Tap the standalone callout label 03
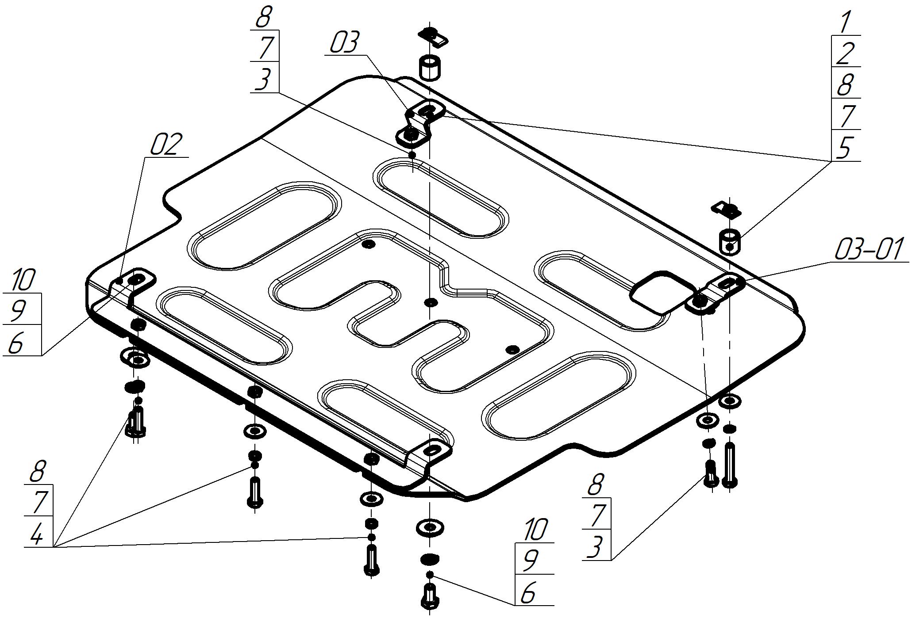pyautogui.click(x=345, y=43)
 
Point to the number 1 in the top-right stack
pyautogui.click(x=844, y=22)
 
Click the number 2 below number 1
pyautogui.click(x=844, y=53)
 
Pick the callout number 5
pyautogui.click(x=844, y=147)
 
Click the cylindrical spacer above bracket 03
pyautogui.click(x=430, y=68)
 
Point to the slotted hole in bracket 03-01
pyautogui.click(x=727, y=283)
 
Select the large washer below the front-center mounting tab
pyautogui.click(x=429, y=527)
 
